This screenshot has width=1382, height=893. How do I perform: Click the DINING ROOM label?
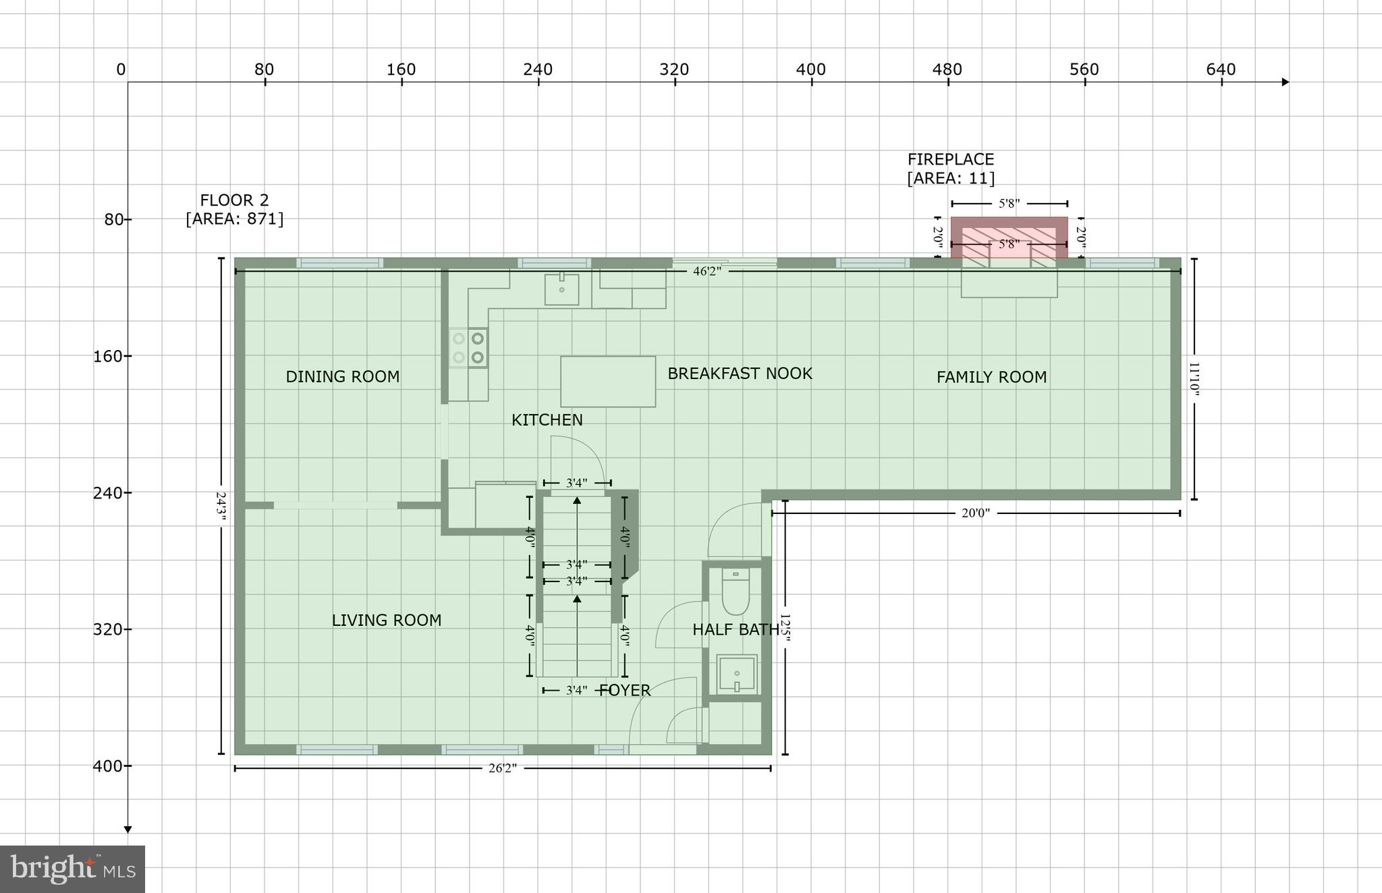click(x=342, y=376)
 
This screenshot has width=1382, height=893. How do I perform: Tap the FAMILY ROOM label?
click(x=991, y=377)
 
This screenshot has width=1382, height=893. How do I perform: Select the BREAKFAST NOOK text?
click(x=740, y=373)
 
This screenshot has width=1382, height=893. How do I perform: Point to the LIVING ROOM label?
click(x=386, y=620)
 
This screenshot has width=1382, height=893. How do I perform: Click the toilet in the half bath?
click(x=736, y=592)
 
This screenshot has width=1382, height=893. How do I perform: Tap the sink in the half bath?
click(x=737, y=673)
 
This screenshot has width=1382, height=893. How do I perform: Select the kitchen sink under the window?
click(x=561, y=289)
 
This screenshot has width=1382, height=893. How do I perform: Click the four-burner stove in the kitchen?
click(x=468, y=347)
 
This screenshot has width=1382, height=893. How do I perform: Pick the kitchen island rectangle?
click(x=608, y=381)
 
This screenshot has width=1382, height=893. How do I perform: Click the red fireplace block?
click(x=1009, y=237)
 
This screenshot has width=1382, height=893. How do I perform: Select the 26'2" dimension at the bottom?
click(x=503, y=768)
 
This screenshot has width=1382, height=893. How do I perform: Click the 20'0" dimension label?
click(x=975, y=513)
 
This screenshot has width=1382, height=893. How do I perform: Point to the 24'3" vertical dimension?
click(x=221, y=506)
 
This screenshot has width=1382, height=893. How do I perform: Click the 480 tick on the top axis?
click(x=947, y=69)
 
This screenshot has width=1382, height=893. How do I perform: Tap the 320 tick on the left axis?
click(x=108, y=629)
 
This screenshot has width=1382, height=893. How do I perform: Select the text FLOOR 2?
click(x=234, y=200)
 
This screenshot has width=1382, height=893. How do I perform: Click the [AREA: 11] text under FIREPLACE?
click(x=950, y=179)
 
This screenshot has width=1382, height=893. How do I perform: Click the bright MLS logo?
click(x=72, y=869)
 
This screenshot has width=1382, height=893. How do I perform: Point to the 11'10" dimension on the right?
click(x=1194, y=379)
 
